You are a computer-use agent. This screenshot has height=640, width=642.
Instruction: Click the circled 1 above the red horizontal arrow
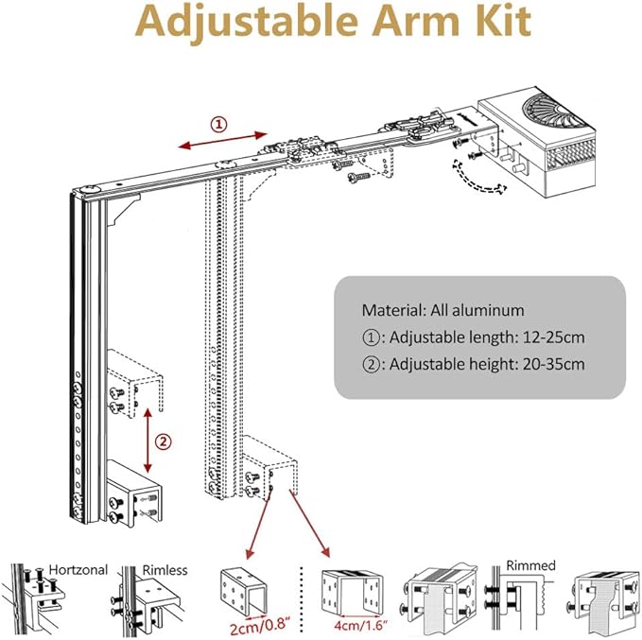[x=218, y=124]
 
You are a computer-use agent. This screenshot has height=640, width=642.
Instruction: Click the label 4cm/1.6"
[x=350, y=624]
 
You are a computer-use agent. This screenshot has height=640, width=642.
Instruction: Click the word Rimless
[x=165, y=569]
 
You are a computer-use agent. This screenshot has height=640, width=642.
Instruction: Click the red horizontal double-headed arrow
[x=218, y=140]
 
